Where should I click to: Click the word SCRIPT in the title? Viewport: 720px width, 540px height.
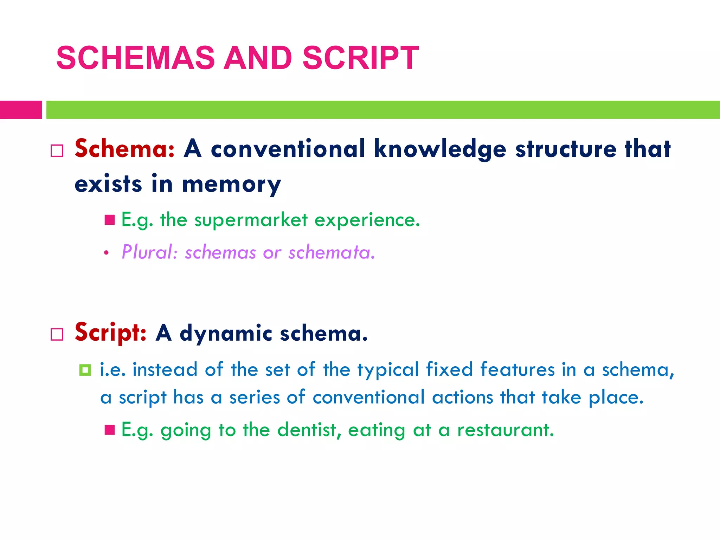pos(360,58)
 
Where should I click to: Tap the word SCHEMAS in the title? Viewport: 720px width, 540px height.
pos(135,58)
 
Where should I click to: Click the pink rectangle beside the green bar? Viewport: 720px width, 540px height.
pos(21,110)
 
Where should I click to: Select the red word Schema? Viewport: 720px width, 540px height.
pos(125,149)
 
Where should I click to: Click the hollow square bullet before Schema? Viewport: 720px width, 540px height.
pos(57,151)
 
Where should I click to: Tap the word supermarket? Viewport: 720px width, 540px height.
pos(251,220)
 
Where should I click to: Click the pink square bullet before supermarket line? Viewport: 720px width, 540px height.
pos(110,220)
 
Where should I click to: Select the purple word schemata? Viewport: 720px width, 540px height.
pos(332,252)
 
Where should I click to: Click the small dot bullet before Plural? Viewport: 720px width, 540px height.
pos(106,253)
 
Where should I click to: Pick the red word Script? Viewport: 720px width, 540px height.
pos(110,333)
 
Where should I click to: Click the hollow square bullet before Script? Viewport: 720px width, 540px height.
pos(57,334)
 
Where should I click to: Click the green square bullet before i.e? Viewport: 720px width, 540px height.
pos(85,370)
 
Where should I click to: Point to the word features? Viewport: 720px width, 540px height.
pos(517,370)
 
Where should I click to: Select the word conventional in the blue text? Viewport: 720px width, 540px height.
pos(369,398)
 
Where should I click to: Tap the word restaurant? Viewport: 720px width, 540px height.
pos(505,430)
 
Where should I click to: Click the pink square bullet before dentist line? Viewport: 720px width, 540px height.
pos(110,430)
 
